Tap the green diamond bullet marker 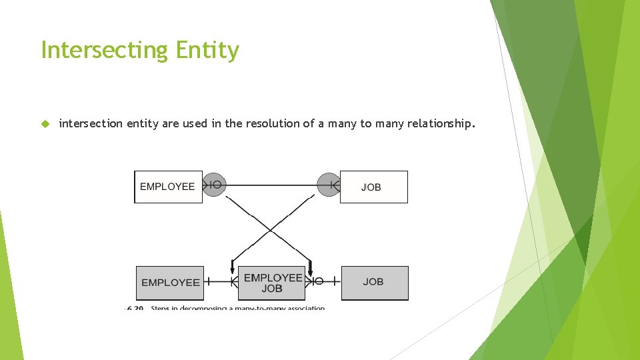[45, 123]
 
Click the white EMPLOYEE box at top [168, 187]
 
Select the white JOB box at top [373, 187]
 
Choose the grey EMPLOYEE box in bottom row [170, 282]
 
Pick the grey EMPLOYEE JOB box [272, 282]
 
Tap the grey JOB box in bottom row [374, 282]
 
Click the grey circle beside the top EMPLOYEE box [213, 184]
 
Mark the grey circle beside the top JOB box [328, 184]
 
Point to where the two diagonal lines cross [271, 230]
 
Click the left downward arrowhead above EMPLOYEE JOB [232, 269]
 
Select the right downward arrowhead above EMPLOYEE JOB [310, 269]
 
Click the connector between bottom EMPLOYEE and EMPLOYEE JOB [220, 281]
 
